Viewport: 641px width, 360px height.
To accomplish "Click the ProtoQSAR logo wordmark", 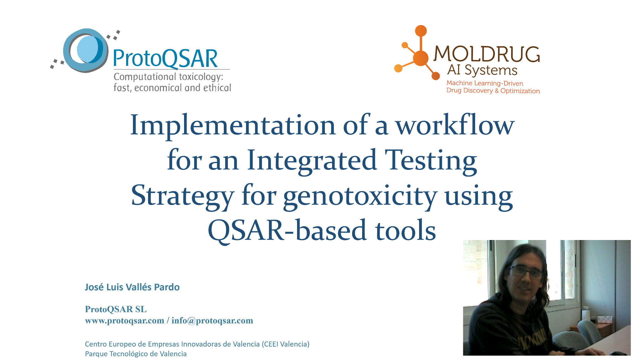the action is (165, 59).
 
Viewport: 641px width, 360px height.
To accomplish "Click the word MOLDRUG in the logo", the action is (487, 54).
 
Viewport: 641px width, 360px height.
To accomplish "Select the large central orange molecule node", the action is (421, 58).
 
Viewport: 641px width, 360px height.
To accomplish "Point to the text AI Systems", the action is (482, 70).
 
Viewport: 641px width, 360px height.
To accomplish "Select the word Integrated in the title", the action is (312, 161).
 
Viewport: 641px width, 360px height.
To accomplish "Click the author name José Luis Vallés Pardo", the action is (132, 287).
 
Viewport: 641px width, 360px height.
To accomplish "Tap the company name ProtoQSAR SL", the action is (116, 309).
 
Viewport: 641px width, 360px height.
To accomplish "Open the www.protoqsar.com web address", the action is (125, 321).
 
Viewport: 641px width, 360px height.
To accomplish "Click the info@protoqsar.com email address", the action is (212, 321).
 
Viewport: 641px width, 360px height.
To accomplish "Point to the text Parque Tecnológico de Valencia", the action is (136, 354).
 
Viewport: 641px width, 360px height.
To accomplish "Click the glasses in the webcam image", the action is (526, 272).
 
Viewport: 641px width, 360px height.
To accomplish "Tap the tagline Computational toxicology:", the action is (168, 77).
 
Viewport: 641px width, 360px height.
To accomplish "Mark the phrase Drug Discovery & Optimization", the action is (493, 91).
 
